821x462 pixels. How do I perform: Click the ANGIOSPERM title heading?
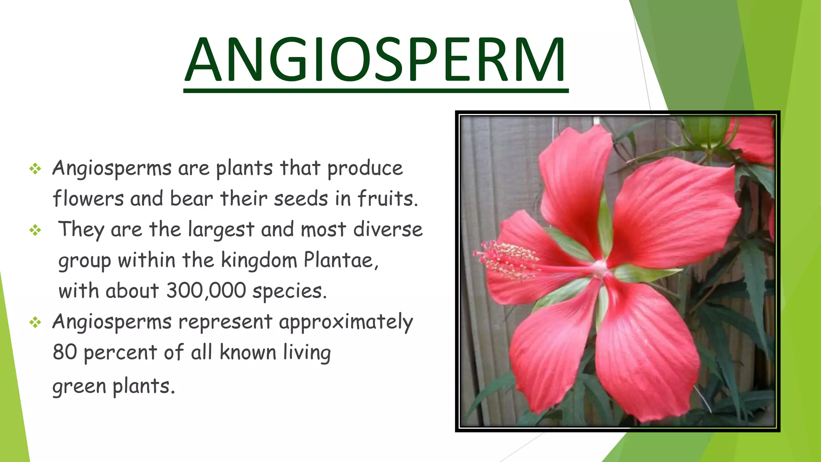click(376, 60)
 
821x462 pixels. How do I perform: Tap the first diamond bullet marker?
click(35, 169)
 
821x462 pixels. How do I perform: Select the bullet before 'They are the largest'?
click(35, 230)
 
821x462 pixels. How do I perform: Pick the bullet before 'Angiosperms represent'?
click(35, 322)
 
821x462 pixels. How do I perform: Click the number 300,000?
click(206, 290)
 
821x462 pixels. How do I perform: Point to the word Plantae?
click(341, 260)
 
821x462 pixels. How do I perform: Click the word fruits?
click(387, 199)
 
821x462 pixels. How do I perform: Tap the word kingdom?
click(259, 261)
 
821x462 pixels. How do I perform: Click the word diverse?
click(388, 229)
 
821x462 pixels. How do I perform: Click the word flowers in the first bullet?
click(88, 199)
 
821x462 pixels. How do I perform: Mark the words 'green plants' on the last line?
click(113, 387)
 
